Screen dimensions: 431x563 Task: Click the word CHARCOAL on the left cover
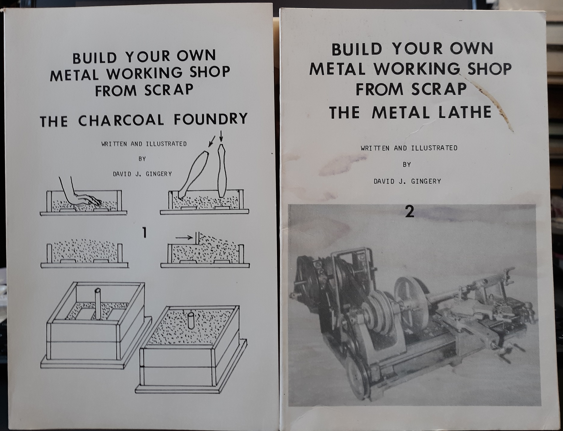tap(121, 120)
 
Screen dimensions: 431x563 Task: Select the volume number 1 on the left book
tap(145, 233)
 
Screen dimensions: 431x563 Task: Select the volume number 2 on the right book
tap(410, 212)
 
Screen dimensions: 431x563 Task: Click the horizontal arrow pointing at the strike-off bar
tap(184, 237)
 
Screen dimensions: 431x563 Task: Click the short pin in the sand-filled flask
tap(190, 321)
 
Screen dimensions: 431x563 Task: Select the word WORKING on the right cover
tap(417, 69)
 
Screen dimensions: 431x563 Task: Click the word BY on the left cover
tap(142, 159)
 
